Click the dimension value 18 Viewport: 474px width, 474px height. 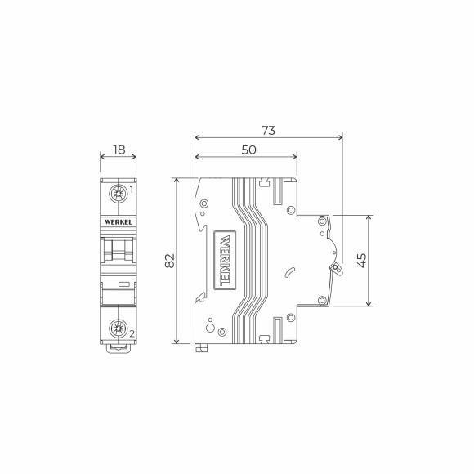[118, 150]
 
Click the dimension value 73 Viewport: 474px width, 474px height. [268, 129]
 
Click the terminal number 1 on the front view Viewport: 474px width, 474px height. [131, 190]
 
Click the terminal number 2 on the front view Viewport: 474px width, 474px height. [131, 334]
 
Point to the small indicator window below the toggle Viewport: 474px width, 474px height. [124, 284]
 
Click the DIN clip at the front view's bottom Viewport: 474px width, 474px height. [118, 349]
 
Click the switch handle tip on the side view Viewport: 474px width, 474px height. [335, 267]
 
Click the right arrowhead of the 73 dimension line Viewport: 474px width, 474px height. [341, 137]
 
